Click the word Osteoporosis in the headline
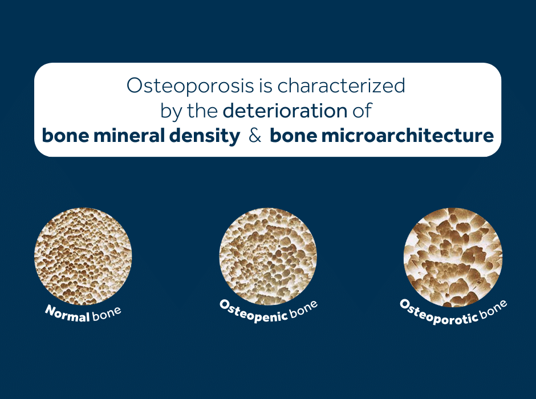point(191,85)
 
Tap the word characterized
point(341,85)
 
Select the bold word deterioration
point(285,111)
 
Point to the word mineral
point(129,135)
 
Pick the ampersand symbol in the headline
point(255,135)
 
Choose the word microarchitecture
point(408,135)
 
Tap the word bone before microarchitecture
point(293,135)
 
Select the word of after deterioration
point(362,111)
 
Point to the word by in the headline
point(171,112)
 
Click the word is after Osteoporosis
point(266,85)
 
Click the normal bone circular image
point(83,256)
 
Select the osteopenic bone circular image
point(268,256)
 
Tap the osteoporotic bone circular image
point(453,257)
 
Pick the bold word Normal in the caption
point(67,314)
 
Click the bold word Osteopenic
point(254,312)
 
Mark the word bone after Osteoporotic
point(493,309)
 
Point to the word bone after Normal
point(106,313)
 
